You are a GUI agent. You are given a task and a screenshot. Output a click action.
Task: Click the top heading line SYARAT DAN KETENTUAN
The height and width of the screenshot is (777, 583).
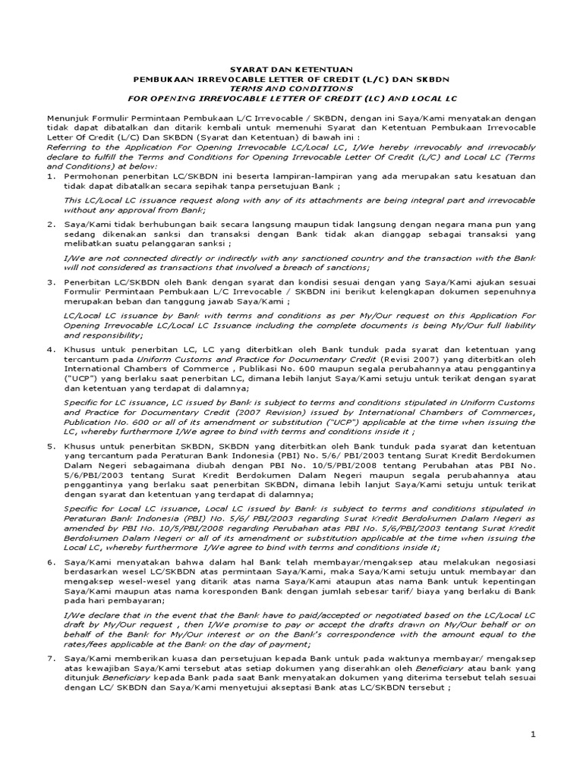(291, 68)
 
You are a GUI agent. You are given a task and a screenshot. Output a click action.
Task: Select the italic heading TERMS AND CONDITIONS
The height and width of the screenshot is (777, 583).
(291, 88)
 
